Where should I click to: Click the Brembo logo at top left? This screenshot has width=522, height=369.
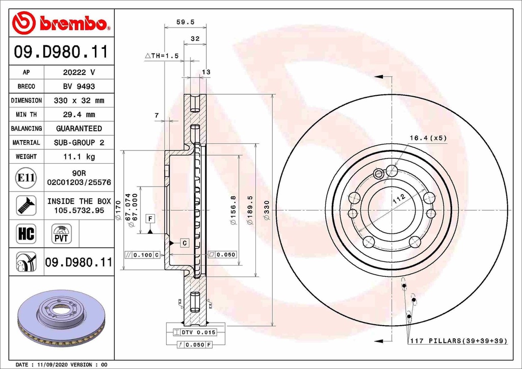61,23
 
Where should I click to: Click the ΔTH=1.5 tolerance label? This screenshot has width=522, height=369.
162,56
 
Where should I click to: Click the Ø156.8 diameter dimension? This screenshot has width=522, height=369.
232,209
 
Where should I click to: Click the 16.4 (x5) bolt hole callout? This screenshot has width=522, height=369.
428,138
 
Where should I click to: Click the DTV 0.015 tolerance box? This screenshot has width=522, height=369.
196,332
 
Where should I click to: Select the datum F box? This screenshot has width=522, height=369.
150,219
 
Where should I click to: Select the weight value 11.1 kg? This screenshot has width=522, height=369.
79,156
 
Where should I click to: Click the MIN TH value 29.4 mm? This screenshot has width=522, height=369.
79,115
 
